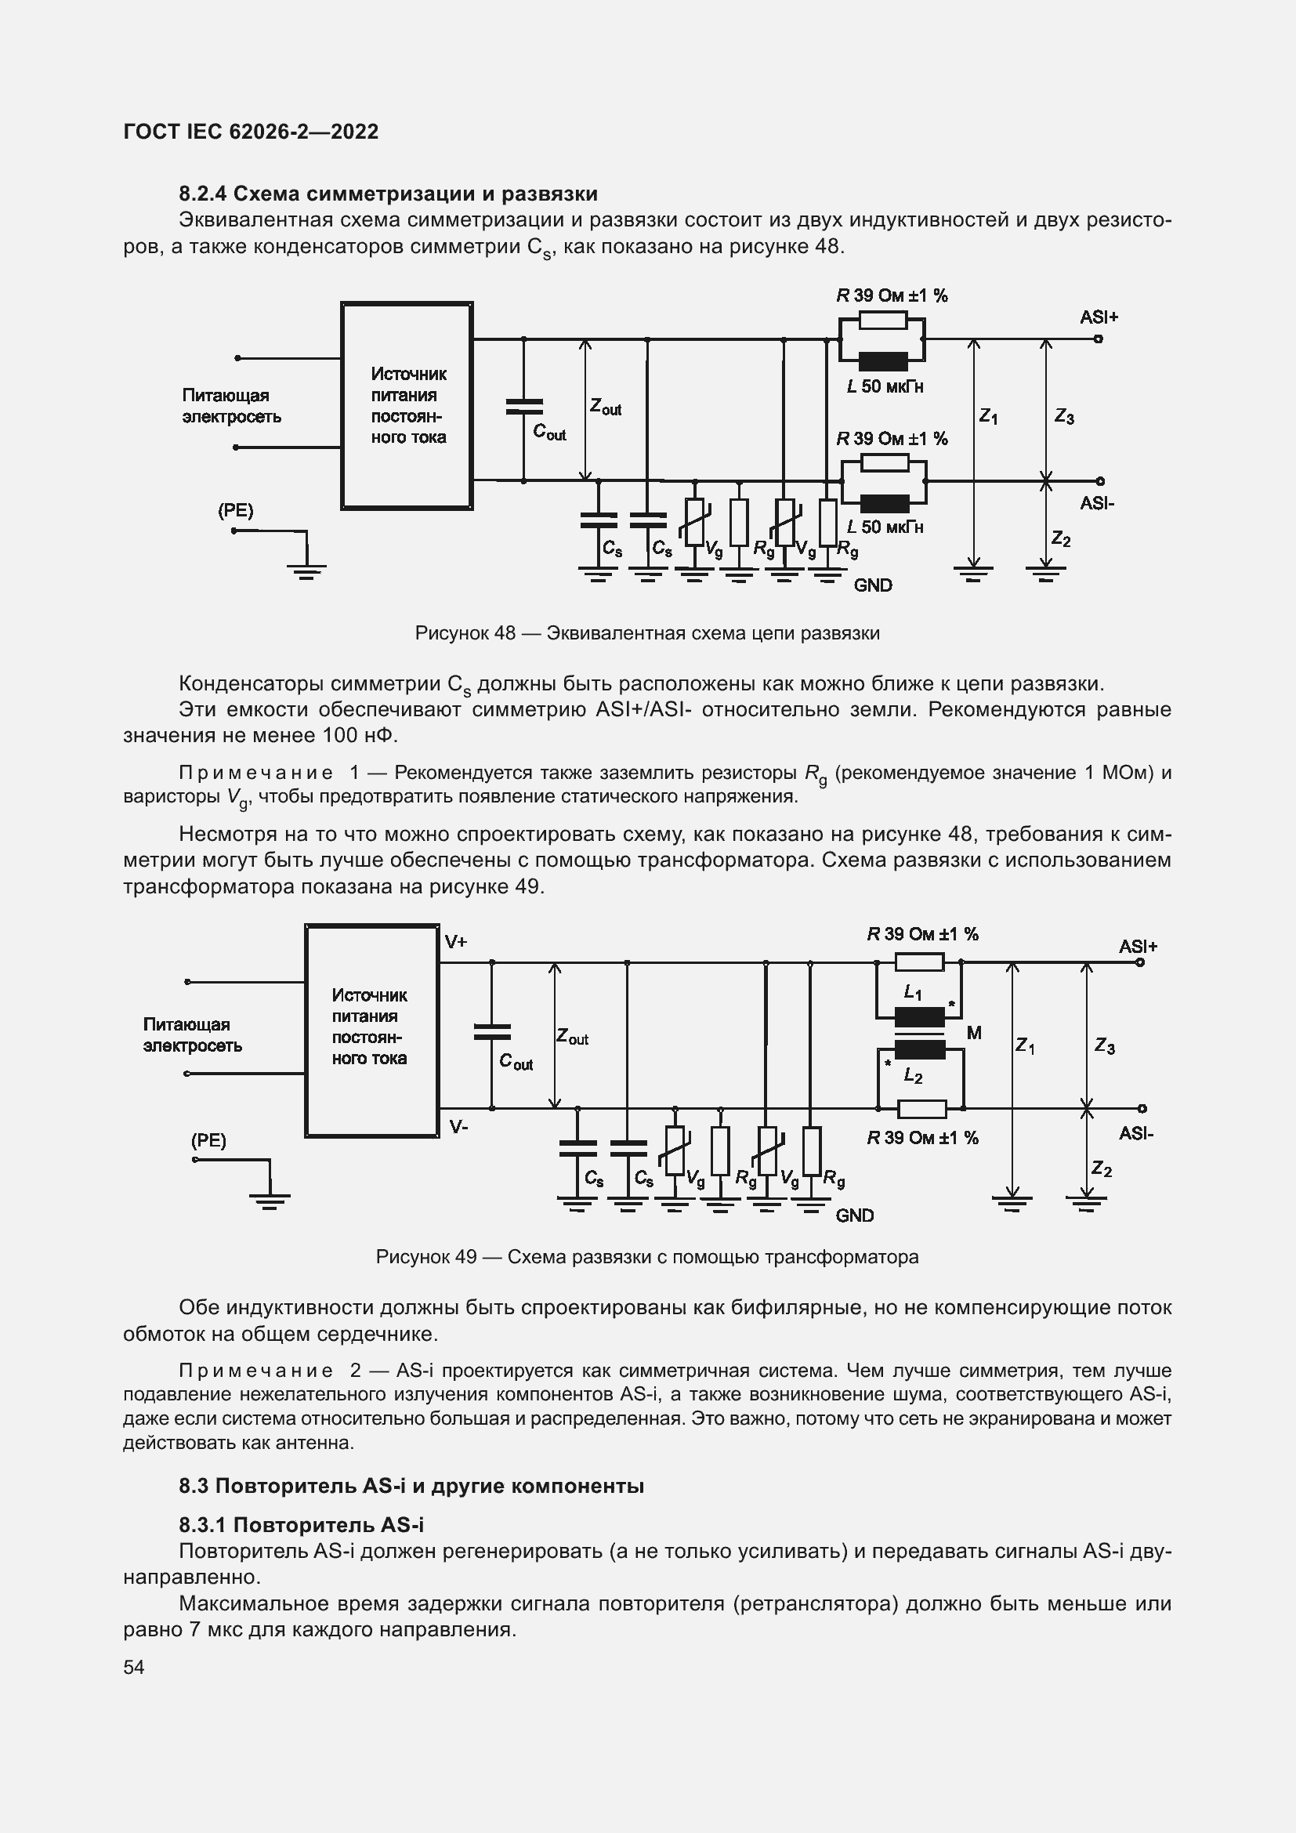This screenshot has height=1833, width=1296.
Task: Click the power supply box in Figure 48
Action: click(407, 406)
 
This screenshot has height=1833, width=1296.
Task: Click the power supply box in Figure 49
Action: click(372, 1030)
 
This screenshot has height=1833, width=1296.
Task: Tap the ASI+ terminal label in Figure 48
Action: click(1099, 317)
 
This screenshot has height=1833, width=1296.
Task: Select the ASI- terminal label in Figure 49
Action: click(1135, 1134)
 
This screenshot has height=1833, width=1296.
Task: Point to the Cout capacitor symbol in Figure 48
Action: click(524, 407)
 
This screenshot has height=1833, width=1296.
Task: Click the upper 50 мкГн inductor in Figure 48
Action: click(883, 360)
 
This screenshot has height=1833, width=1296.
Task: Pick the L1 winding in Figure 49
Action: click(919, 1017)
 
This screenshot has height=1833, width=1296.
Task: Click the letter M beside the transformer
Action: click(974, 1033)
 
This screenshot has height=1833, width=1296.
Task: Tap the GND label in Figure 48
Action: click(873, 585)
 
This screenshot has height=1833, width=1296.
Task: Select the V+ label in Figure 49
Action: click(456, 942)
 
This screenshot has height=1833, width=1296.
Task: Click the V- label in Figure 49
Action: click(458, 1127)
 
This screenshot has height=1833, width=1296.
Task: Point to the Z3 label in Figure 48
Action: click(1065, 417)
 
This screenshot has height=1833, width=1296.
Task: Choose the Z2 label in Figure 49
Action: click(1102, 1169)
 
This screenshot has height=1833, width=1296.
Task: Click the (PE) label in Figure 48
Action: click(235, 511)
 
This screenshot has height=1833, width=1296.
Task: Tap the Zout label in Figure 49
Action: click(572, 1037)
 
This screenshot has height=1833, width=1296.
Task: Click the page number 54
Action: click(134, 1667)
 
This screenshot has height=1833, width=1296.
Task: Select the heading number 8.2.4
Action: click(203, 194)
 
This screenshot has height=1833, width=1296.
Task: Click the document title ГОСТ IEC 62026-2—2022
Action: click(252, 132)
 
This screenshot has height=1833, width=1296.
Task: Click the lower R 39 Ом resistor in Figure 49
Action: click(921, 1109)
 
